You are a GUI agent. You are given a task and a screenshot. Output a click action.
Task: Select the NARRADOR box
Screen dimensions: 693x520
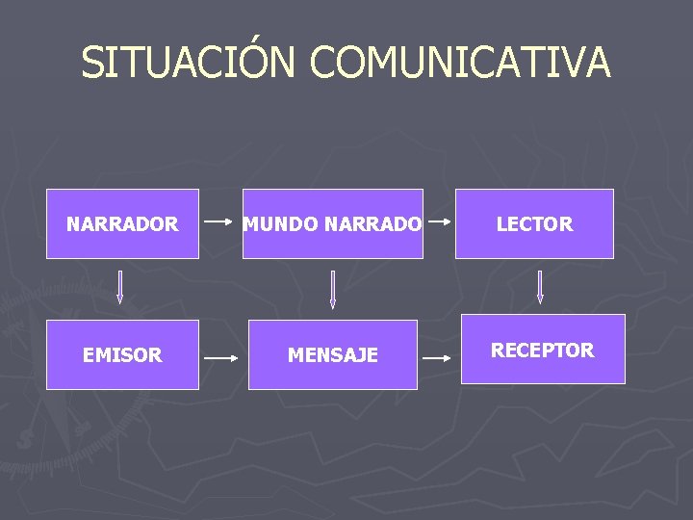pyautogui.click(x=122, y=223)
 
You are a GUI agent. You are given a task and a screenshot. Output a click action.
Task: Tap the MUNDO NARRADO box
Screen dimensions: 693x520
pyautogui.click(x=332, y=223)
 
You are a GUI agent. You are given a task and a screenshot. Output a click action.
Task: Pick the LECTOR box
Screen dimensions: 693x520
pyautogui.click(x=534, y=223)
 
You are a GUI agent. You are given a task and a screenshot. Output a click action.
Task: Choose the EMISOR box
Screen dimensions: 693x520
pyautogui.click(x=122, y=354)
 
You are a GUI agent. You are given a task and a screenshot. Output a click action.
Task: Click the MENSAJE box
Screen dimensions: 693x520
pyautogui.click(x=332, y=354)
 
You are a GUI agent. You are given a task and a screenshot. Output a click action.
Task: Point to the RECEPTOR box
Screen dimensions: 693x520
pyautogui.click(x=543, y=349)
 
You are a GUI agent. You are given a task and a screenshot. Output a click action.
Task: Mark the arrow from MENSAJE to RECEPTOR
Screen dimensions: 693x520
pyautogui.click(x=438, y=357)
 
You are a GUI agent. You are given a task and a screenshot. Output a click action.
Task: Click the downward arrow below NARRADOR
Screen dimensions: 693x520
pyautogui.click(x=121, y=287)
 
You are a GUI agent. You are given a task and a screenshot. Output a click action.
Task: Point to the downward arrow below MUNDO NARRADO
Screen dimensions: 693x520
pyautogui.click(x=332, y=289)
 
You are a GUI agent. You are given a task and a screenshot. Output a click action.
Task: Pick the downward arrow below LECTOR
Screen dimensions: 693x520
pyautogui.click(x=540, y=287)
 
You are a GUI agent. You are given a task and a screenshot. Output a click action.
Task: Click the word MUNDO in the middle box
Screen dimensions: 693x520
pyautogui.click(x=281, y=224)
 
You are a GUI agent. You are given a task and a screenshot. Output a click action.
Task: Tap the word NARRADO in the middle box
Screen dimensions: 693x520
pyautogui.click(x=372, y=224)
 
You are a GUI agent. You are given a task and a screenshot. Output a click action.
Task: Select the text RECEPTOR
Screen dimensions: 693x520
pyautogui.click(x=543, y=351)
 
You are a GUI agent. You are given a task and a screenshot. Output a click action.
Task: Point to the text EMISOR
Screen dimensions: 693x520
pyautogui.click(x=122, y=355)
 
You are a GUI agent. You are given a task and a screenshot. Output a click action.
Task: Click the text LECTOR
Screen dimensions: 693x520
pyautogui.click(x=534, y=224)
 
